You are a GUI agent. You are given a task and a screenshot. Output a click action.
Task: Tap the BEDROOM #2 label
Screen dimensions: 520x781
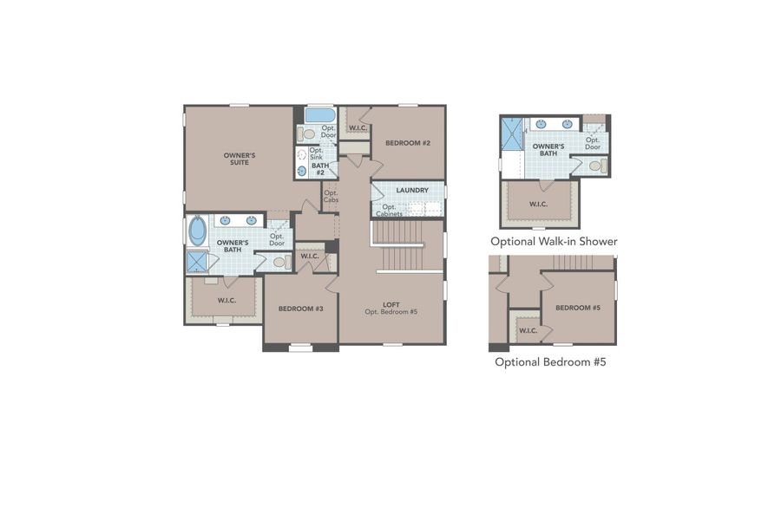pos(408,143)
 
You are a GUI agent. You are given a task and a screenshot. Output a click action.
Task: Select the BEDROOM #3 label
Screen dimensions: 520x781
pos(300,309)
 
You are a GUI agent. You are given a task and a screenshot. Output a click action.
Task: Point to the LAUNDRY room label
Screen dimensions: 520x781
pos(412,191)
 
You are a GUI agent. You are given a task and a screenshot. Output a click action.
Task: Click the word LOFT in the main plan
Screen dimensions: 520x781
pos(390,303)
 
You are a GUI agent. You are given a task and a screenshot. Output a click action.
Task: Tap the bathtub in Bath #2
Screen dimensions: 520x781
pos(320,115)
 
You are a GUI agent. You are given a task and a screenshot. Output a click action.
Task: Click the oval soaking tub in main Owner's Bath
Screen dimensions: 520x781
pos(198,231)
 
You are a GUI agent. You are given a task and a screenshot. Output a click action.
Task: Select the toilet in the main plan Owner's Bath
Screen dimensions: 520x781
pos(280,261)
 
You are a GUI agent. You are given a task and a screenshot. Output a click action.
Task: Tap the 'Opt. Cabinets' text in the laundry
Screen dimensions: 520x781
pos(389,211)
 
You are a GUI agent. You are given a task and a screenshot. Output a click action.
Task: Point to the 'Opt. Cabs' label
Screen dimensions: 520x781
pos(331,197)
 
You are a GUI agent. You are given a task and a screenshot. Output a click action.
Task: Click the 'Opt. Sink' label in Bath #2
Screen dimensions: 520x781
pos(317,153)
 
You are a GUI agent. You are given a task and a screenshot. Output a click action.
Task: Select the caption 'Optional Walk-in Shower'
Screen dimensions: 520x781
pos(554,242)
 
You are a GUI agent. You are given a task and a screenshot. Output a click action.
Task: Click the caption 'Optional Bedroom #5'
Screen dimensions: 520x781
pos(550,362)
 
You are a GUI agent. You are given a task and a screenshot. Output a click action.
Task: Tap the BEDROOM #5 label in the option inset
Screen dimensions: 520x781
pos(578,309)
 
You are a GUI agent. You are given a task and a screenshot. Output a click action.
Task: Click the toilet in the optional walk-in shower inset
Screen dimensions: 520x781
pos(595,166)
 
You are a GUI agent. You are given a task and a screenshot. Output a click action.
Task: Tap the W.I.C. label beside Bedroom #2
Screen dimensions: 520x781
pos(357,129)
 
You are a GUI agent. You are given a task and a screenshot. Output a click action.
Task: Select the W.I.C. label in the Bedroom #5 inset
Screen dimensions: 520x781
pos(528,331)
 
